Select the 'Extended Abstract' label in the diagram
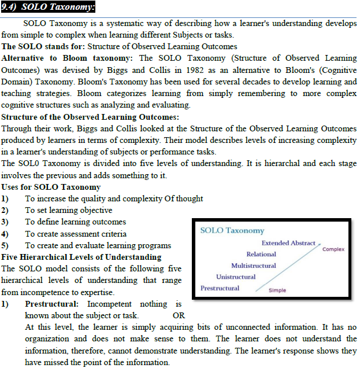click(x=288, y=243)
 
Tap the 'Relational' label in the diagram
click(x=261, y=255)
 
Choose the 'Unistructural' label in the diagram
click(x=236, y=277)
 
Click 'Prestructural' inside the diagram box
click(x=220, y=288)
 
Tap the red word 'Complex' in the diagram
click(x=333, y=249)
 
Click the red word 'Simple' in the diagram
click(x=277, y=290)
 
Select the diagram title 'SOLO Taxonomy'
click(x=232, y=231)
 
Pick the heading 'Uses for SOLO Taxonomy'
click(x=51, y=187)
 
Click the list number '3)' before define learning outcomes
click(x=5, y=222)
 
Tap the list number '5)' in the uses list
click(x=5, y=245)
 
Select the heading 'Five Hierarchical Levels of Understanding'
click(x=81, y=257)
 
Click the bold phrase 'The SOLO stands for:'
click(x=43, y=47)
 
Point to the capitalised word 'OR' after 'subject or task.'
click(x=179, y=316)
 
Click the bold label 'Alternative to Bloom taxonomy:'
click(x=68, y=58)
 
